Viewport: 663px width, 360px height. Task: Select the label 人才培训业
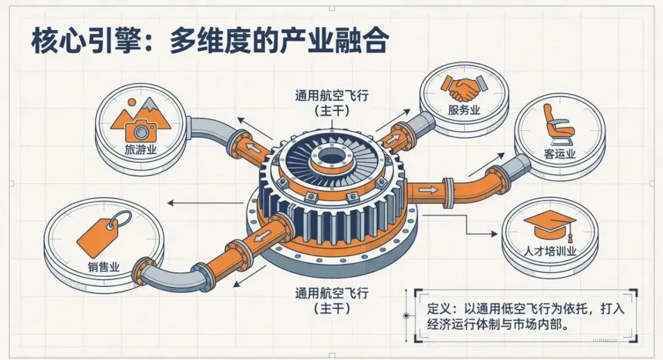550,251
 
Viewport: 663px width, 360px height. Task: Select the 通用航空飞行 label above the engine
331,96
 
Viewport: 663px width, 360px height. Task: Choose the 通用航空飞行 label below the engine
331,293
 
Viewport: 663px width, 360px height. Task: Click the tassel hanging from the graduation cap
570,235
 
